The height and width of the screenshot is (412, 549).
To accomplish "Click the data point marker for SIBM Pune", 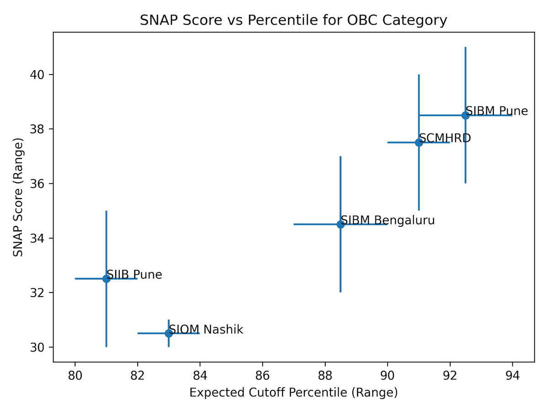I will (x=465, y=115).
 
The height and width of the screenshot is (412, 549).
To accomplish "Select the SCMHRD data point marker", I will (x=419, y=142).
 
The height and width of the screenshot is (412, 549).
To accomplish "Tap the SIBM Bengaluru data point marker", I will (x=340, y=224).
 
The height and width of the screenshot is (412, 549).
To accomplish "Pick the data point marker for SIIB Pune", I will (x=106, y=278).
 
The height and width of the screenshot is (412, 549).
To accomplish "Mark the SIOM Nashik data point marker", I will (x=169, y=333).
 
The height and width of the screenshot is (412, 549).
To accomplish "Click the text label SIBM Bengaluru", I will (x=388, y=220).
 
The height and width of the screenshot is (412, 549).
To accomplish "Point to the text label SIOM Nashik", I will (x=206, y=330).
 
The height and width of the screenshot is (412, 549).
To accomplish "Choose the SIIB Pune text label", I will (x=134, y=275).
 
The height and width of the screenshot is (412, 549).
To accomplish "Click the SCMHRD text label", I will (x=445, y=138).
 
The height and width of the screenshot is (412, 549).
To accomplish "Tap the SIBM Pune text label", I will (x=497, y=111).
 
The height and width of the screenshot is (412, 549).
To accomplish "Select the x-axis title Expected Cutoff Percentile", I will (x=293, y=393).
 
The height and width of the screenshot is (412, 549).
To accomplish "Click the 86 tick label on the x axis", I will (x=263, y=376).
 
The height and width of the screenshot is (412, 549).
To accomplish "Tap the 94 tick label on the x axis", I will (x=512, y=376).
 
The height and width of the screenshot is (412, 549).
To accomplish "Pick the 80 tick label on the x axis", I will (x=75, y=376).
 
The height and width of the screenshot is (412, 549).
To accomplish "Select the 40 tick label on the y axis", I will (x=41, y=75).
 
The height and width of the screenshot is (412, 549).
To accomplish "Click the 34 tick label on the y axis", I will (x=41, y=239).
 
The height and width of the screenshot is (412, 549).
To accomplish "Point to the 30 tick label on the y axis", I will (x=41, y=347).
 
